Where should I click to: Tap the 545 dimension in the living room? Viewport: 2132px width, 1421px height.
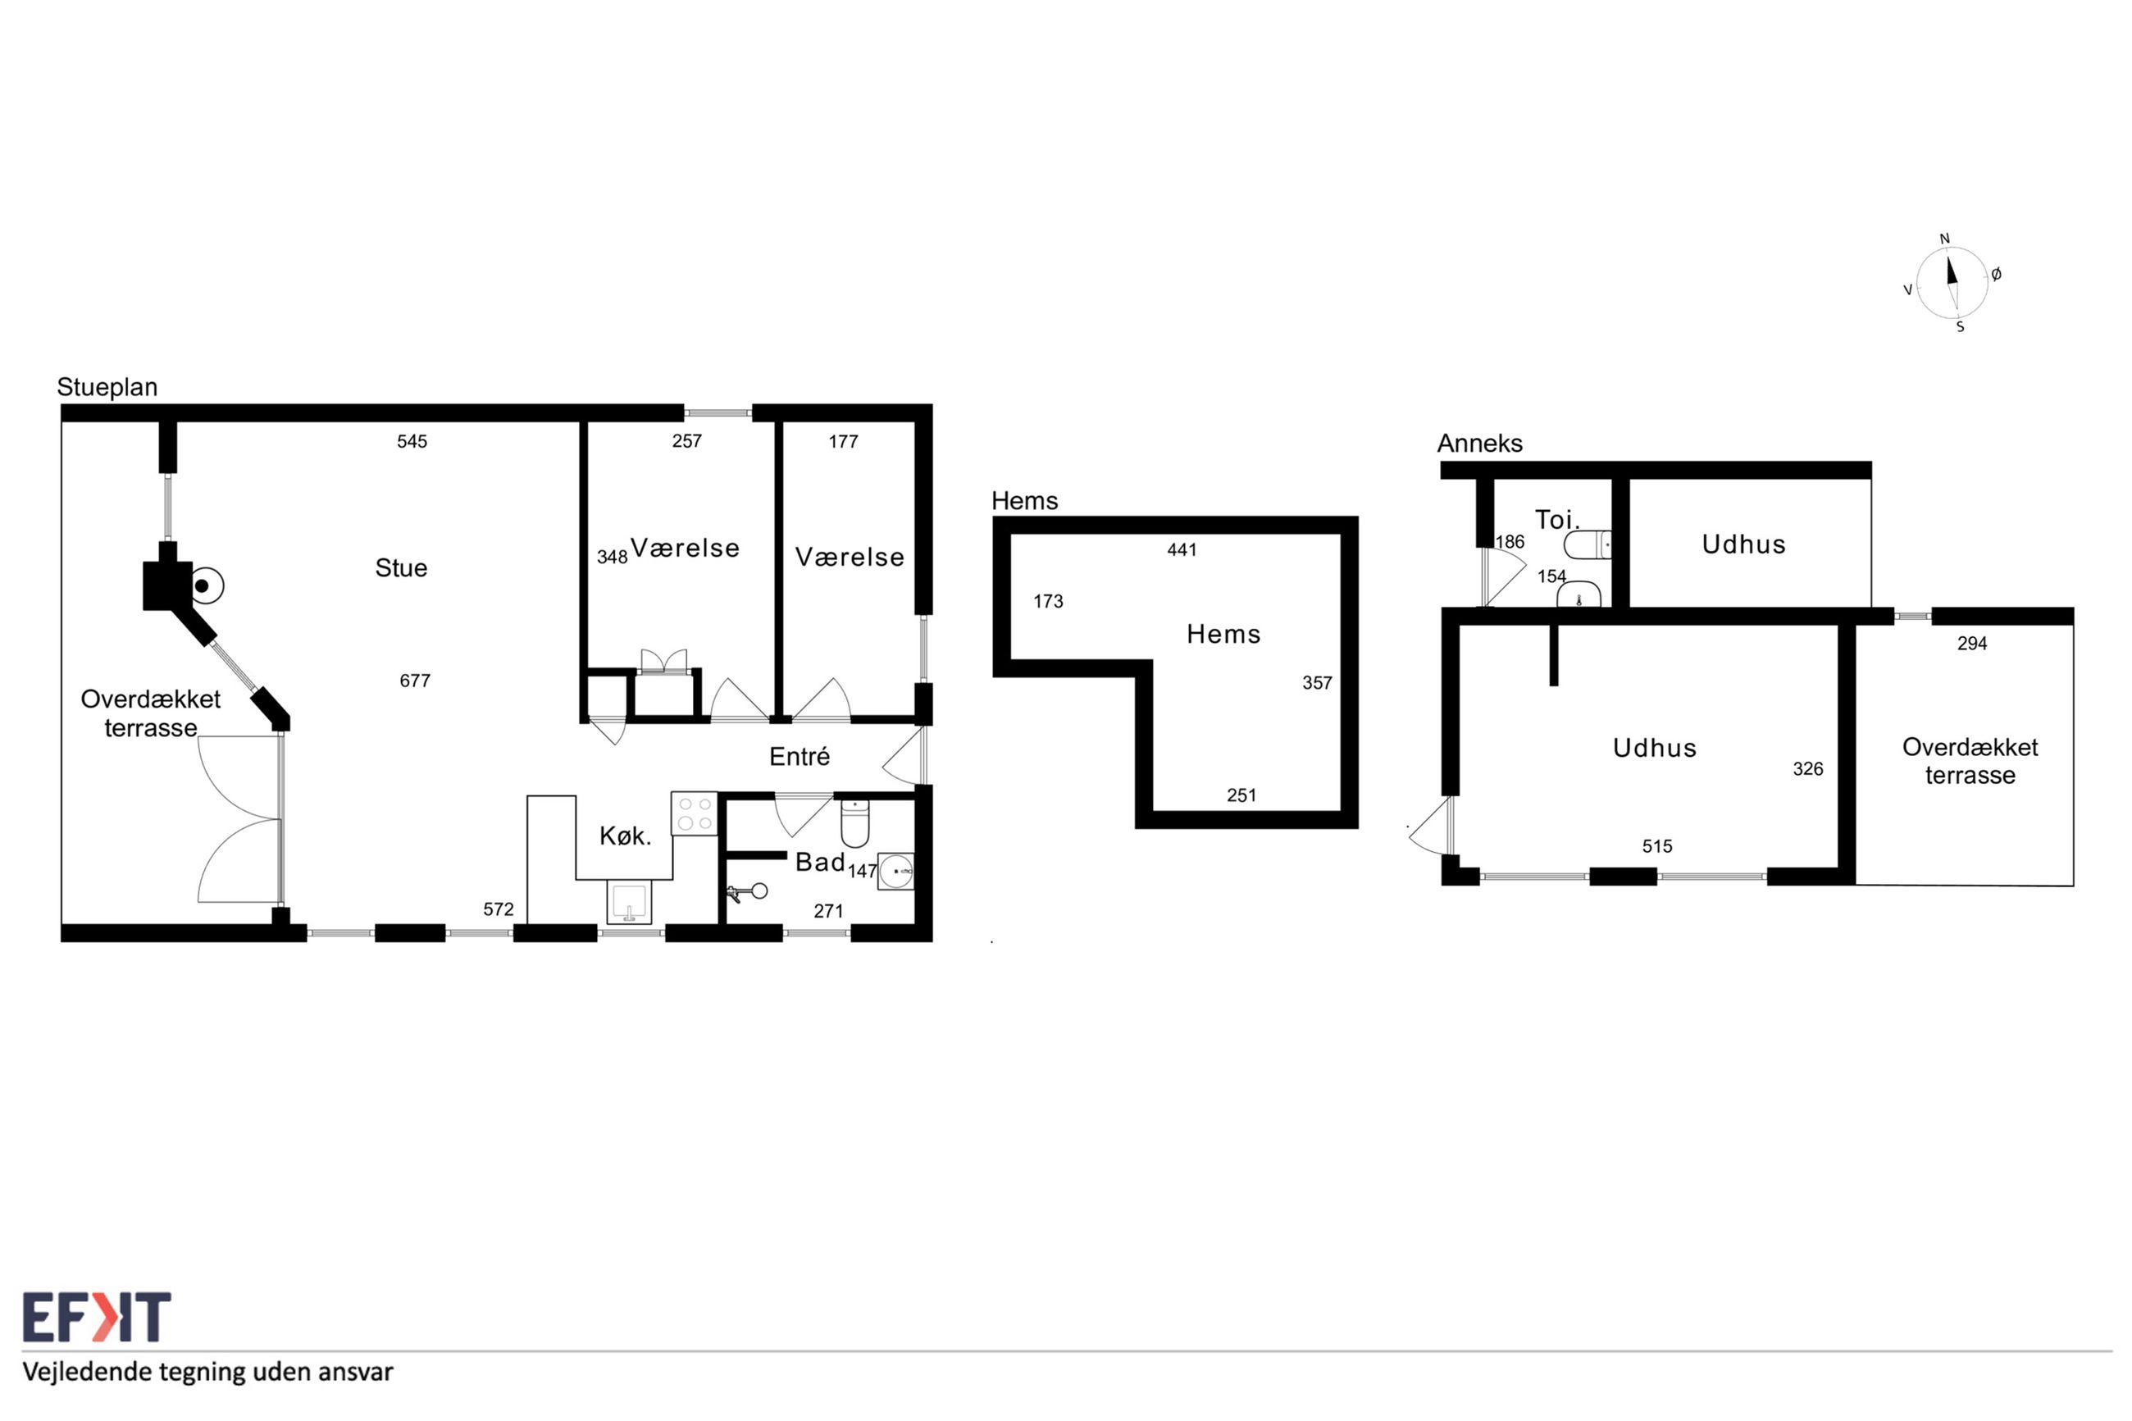[412, 441]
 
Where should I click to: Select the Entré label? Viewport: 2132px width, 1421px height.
[799, 757]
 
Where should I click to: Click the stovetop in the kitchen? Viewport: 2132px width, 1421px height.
[694, 813]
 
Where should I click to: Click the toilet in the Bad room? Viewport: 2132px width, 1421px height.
[854, 822]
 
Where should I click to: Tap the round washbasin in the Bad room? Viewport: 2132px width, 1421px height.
[896, 871]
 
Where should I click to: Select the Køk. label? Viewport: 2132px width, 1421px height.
[625, 836]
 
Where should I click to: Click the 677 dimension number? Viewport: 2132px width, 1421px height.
[415, 681]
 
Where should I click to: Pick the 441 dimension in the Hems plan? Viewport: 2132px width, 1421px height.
[1182, 550]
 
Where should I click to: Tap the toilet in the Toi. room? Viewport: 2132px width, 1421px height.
[1588, 544]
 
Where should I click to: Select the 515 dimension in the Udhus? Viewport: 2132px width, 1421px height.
[1657, 846]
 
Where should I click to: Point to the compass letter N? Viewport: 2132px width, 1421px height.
[1944, 239]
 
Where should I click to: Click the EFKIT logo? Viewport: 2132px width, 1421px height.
[96, 1317]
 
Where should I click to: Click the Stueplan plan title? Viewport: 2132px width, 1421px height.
[107, 387]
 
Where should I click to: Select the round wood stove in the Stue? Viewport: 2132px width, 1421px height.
[205, 585]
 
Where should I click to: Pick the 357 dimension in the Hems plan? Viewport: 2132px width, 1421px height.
[1318, 683]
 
